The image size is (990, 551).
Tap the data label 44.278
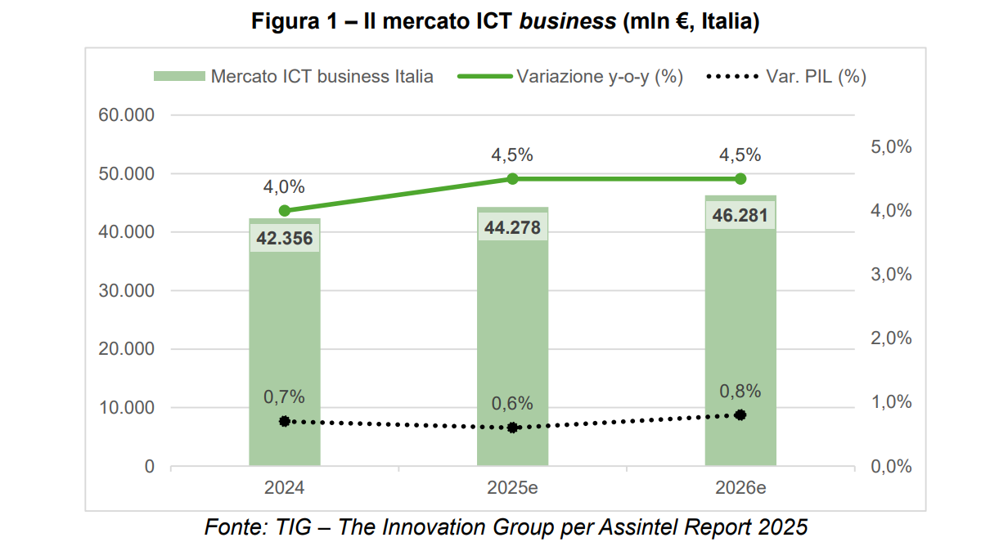click(x=513, y=227)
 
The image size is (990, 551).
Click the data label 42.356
click(x=284, y=239)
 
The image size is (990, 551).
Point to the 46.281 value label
click(x=740, y=216)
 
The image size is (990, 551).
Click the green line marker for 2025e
click(x=513, y=179)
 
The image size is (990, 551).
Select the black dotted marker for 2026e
click(x=740, y=415)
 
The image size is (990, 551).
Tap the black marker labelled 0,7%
click(x=284, y=421)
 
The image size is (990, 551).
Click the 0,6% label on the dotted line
click(x=513, y=404)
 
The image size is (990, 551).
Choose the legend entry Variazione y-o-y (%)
click(x=599, y=77)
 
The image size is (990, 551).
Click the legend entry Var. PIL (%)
click(x=815, y=77)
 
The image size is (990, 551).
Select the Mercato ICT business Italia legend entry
click(x=322, y=77)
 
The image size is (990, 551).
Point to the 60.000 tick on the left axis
click(x=127, y=115)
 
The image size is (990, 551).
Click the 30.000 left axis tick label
click(x=127, y=291)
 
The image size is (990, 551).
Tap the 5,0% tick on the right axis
click(x=891, y=147)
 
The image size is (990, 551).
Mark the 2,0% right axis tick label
click(x=891, y=338)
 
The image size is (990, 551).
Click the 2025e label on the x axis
click(x=513, y=489)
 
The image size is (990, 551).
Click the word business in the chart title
click(x=568, y=23)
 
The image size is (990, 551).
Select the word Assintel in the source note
click(x=640, y=527)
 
